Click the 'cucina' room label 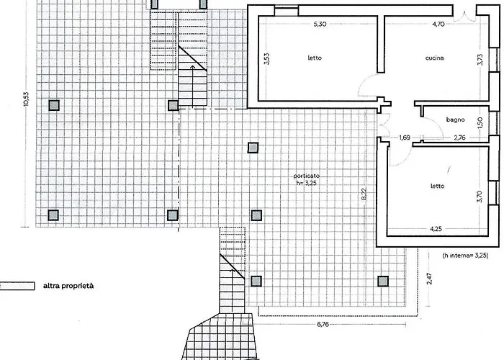coord(434,58)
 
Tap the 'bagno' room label coord(455,120)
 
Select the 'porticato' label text coord(306,176)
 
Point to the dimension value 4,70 coord(438,24)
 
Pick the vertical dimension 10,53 coord(26,99)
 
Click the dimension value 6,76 coord(323,324)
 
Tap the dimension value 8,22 coord(364,194)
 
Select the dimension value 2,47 coord(429,279)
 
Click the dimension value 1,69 coord(405,138)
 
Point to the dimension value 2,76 coord(459,138)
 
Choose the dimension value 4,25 coord(436,229)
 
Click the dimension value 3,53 coord(267,59)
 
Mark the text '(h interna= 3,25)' coord(465,256)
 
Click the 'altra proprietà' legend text coord(68,286)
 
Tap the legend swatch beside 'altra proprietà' coord(17,286)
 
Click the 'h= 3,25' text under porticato coord(306,183)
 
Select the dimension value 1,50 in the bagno coord(480,122)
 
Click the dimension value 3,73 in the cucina coord(480,60)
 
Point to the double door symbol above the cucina coord(464,17)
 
